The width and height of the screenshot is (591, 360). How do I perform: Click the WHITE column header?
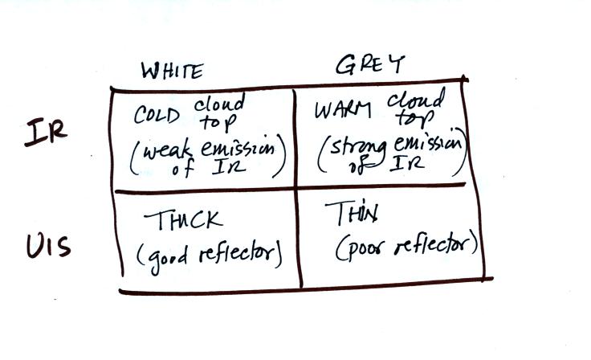pyautogui.click(x=173, y=70)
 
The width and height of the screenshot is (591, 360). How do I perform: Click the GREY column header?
pyautogui.click(x=369, y=64)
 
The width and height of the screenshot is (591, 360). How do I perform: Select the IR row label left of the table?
pyautogui.click(x=46, y=131)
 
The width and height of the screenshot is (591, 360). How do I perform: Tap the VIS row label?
pyautogui.click(x=48, y=246)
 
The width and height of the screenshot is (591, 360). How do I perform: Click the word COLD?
pyautogui.click(x=157, y=114)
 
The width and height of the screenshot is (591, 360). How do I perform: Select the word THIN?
pyautogui.click(x=352, y=212)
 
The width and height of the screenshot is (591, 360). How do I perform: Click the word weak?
pyautogui.click(x=167, y=151)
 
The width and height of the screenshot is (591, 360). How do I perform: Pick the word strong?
pyautogui.click(x=358, y=149)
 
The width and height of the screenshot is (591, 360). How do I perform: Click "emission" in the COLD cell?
pyautogui.click(x=238, y=148)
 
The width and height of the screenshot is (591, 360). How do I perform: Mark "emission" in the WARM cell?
pyautogui.click(x=428, y=144)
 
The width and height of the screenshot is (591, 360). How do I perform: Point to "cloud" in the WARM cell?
pyautogui.click(x=416, y=99)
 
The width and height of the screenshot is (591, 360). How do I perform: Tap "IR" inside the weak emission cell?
pyautogui.click(x=229, y=167)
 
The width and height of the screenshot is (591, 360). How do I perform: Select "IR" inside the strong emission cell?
pyautogui.click(x=407, y=164)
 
